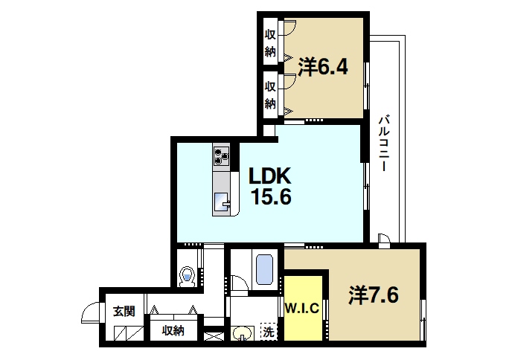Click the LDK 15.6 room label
pos(269,186)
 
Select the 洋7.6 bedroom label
pos(374,295)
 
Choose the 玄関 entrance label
pos(124,312)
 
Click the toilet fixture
pos(188,276)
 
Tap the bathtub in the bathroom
pos(265,269)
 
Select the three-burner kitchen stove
pos(221,156)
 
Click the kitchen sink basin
pos(222,202)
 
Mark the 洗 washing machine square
pos(268,332)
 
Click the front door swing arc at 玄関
pos(91,313)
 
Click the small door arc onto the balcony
pos(384,238)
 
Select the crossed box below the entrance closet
pos(213,336)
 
